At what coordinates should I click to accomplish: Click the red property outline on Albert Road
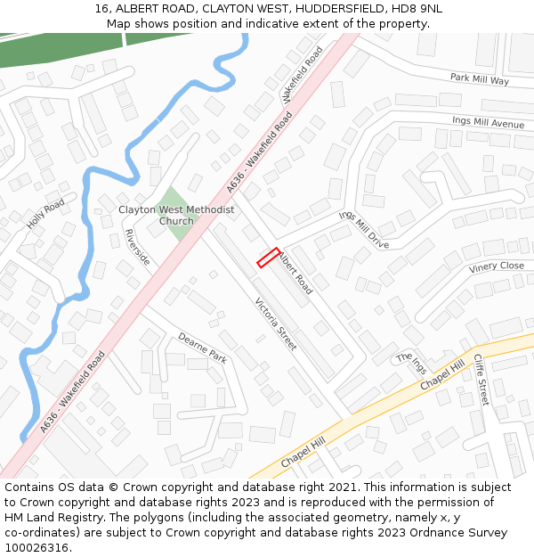click(269, 258)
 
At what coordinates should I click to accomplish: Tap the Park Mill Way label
click(479, 79)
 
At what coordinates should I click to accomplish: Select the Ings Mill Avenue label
click(488, 122)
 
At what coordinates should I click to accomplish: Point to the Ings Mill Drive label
click(364, 230)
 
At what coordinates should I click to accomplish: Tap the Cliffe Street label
click(481, 380)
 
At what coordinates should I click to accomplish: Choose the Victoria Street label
click(276, 324)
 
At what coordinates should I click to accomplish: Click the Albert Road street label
click(296, 274)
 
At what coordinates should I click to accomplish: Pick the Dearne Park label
click(203, 347)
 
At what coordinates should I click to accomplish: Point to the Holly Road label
click(45, 214)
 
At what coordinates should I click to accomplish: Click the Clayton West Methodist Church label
click(176, 215)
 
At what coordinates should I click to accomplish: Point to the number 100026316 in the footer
click(36, 547)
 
